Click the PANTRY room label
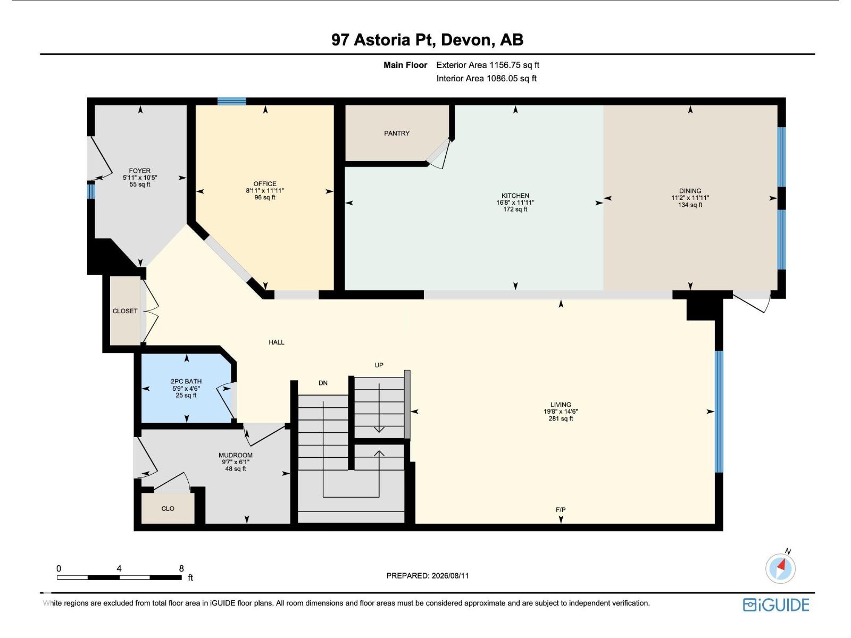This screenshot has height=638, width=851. [397, 133]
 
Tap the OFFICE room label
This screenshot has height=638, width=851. [265, 183]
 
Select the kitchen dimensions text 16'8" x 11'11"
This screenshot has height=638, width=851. [515, 203]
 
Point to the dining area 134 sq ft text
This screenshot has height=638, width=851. [690, 205]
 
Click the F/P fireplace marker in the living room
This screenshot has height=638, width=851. [561, 510]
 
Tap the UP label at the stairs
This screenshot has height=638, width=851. [379, 365]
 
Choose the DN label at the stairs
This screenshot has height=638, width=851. [323, 383]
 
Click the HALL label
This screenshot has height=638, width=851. [277, 342]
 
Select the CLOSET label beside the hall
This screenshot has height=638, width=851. [125, 311]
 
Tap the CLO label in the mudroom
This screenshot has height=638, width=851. [168, 509]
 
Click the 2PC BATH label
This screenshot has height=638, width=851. [186, 381]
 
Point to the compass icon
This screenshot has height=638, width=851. [780, 568]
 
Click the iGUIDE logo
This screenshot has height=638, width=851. [776, 605]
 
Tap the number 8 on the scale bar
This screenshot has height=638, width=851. [181, 569]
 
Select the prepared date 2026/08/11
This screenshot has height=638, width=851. [450, 576]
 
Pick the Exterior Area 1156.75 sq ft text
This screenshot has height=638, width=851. [488, 65]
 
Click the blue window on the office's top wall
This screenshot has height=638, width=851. [231, 102]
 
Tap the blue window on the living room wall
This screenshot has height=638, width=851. [719, 412]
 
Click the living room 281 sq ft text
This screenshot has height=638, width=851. [561, 419]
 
